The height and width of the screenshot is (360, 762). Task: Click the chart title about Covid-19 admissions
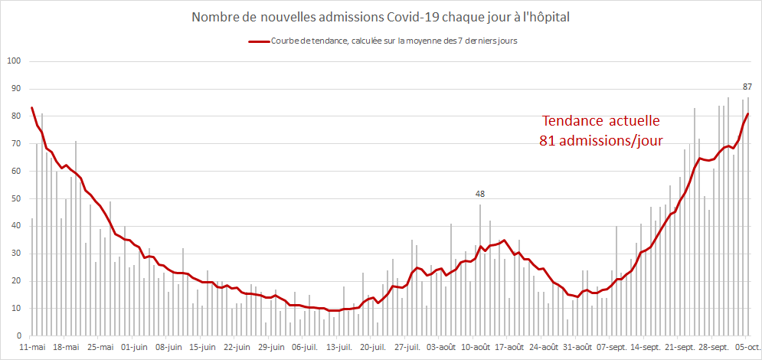[x=381, y=16]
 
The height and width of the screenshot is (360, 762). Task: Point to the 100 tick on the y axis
[x=13, y=61]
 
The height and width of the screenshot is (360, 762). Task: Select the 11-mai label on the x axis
[x=31, y=347]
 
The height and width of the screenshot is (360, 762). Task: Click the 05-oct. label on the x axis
[x=747, y=347]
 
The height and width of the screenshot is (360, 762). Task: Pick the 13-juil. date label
[x=338, y=347]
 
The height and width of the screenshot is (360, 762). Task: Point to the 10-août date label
[x=475, y=347]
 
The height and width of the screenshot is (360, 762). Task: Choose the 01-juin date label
[x=133, y=347]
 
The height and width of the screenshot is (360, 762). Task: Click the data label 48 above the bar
[x=480, y=195]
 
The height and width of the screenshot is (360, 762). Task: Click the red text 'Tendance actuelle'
[x=600, y=121]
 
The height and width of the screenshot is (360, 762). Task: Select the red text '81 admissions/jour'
[x=600, y=140]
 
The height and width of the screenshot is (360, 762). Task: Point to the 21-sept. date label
[x=679, y=347]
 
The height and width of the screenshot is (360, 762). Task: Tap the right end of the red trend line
[x=748, y=114]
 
